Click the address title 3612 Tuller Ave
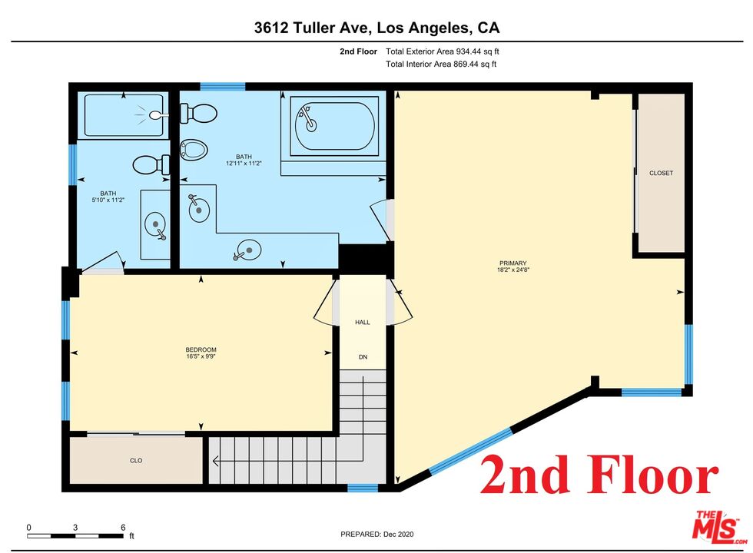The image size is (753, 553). click(376, 28)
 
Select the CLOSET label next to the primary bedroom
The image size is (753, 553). click(661, 173)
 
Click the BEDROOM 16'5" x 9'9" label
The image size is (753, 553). click(201, 353)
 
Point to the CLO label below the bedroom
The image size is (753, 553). click(136, 461)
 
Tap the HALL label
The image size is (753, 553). click(362, 323)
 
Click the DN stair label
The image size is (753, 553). click(363, 357)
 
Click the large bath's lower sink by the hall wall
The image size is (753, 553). click(248, 248)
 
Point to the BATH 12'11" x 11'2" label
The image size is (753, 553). click(244, 160)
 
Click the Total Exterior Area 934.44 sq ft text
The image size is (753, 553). click(447, 51)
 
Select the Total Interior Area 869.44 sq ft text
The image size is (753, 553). click(441, 64)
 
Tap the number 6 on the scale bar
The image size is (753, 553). click(123, 527)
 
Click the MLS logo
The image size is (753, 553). click(715, 528)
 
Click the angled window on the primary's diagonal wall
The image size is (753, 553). click(470, 450)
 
